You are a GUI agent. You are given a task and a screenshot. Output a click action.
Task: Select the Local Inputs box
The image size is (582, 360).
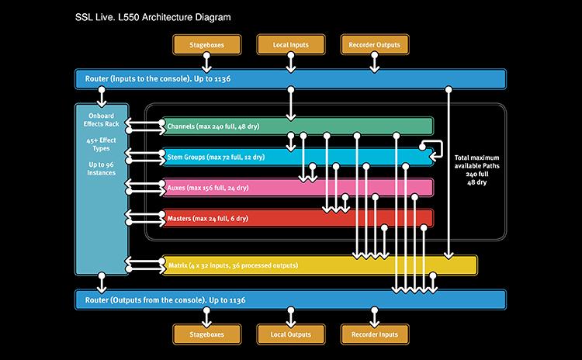click(291, 45)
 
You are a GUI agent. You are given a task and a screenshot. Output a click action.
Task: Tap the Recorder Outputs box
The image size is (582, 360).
click(373, 45)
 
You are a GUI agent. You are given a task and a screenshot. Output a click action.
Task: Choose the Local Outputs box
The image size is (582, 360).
click(291, 334)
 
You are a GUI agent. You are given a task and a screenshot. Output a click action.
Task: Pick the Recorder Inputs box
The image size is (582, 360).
click(373, 334)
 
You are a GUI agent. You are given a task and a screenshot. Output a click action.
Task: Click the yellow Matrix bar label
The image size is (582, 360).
click(233, 266)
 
